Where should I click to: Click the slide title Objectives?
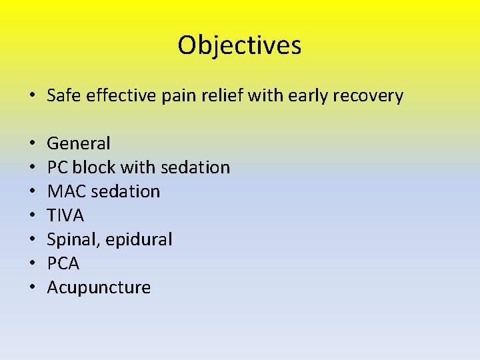[x=239, y=45]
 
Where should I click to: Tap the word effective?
[x=117, y=95]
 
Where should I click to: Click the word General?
[x=79, y=143]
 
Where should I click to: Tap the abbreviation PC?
[x=57, y=167]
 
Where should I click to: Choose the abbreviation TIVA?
[x=65, y=215]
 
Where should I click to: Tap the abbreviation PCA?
[x=63, y=263]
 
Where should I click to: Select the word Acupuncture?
[x=99, y=288]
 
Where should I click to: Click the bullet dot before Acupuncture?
[x=32, y=288]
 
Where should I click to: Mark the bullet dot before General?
[x=32, y=144]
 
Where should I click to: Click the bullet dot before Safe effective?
[x=32, y=96]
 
